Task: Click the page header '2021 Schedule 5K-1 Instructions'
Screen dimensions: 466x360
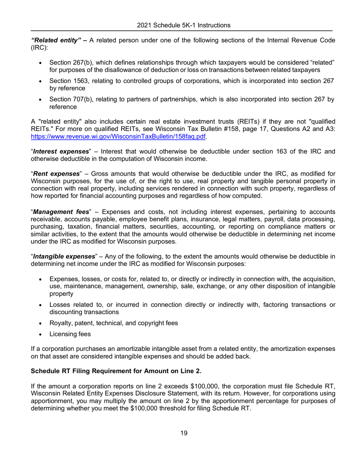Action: (184, 25)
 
